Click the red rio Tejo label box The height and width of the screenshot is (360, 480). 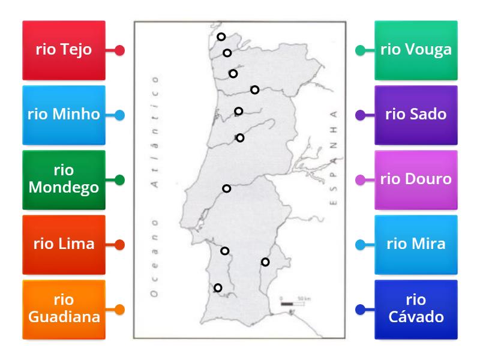tap(64, 50)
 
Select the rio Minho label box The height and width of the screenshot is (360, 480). tap(64, 115)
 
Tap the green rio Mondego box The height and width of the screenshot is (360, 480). tap(64, 179)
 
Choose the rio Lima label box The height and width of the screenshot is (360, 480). tap(64, 244)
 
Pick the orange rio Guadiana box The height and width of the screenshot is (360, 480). tap(64, 309)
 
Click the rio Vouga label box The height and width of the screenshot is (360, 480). tap(416, 50)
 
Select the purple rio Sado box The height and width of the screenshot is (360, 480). tap(416, 115)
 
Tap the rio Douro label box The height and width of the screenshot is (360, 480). tap(416, 179)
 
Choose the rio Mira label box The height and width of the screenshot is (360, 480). tap(416, 244)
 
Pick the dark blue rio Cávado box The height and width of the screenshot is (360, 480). tap(416, 309)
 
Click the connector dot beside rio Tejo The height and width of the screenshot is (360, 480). tap(119, 50)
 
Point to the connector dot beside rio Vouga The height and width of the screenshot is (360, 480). tap(360, 50)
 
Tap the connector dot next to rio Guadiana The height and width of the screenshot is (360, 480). tap(119, 310)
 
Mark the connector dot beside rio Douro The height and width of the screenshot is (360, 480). tap(360, 179)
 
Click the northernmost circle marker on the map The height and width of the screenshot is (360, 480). tap(221, 37)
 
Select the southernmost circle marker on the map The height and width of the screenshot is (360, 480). tap(218, 288)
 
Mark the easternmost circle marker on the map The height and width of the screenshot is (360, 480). tap(265, 262)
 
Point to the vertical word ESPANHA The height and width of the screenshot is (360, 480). tap(334, 158)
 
